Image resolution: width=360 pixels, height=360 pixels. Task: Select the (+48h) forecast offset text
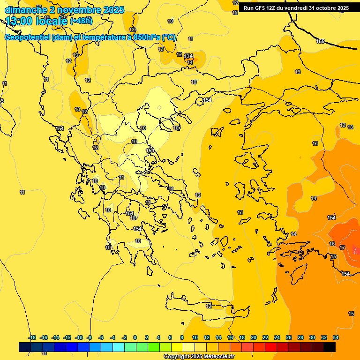(81, 21)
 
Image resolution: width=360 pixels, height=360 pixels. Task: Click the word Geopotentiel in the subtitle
(27, 37)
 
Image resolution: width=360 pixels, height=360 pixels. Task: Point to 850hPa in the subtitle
(143, 37)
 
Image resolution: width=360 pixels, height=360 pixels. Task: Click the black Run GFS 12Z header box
(299, 7)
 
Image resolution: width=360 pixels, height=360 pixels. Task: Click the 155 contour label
(320, 42)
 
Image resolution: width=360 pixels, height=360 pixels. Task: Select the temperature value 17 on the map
(343, 247)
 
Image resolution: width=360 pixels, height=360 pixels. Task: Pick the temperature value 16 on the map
(332, 244)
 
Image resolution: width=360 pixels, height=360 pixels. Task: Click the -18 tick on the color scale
(32, 337)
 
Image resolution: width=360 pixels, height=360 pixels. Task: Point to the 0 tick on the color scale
(135, 337)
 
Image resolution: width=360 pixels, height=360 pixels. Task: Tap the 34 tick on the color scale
(336, 337)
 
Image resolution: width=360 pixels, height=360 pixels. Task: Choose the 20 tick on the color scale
(254, 337)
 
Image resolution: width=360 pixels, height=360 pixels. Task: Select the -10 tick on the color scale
(78, 337)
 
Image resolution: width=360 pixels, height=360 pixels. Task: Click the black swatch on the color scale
(330, 347)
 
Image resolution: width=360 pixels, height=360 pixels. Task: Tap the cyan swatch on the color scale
(119, 347)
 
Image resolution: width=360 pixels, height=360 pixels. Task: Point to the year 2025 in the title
(113, 9)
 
